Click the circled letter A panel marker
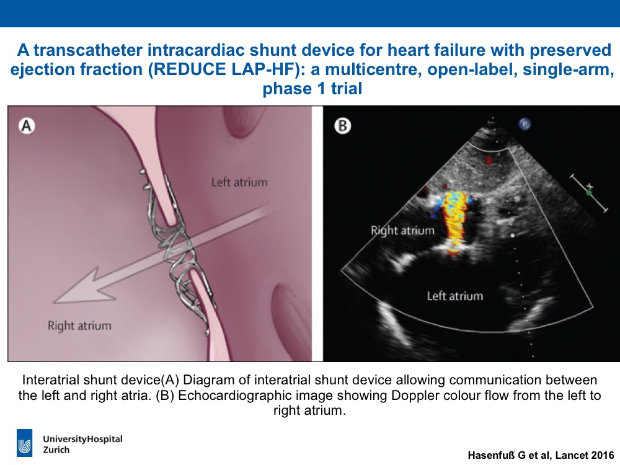coord(27,126)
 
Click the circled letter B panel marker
coord(342,126)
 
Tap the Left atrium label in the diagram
coord(239,182)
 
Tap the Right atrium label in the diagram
coord(79,326)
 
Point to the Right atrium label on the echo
coord(402,231)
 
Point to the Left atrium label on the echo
coord(455,296)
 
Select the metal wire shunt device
coord(178,249)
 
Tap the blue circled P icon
coord(525,124)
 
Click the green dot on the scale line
coord(589,193)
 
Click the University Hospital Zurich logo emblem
coord(25,443)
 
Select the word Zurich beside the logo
coord(56,450)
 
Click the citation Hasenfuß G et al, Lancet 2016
coord(541,455)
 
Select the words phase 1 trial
coord(312,89)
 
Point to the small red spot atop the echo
coord(489,159)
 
